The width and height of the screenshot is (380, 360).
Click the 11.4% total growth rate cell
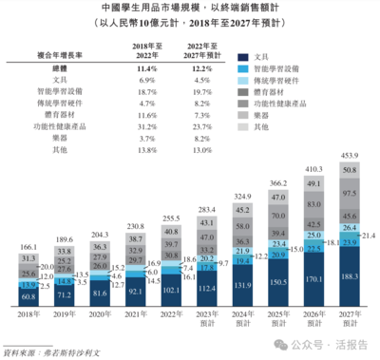click(145, 70)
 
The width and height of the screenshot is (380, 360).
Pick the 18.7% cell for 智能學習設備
click(145, 92)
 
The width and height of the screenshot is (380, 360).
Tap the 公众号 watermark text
click(312, 346)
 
